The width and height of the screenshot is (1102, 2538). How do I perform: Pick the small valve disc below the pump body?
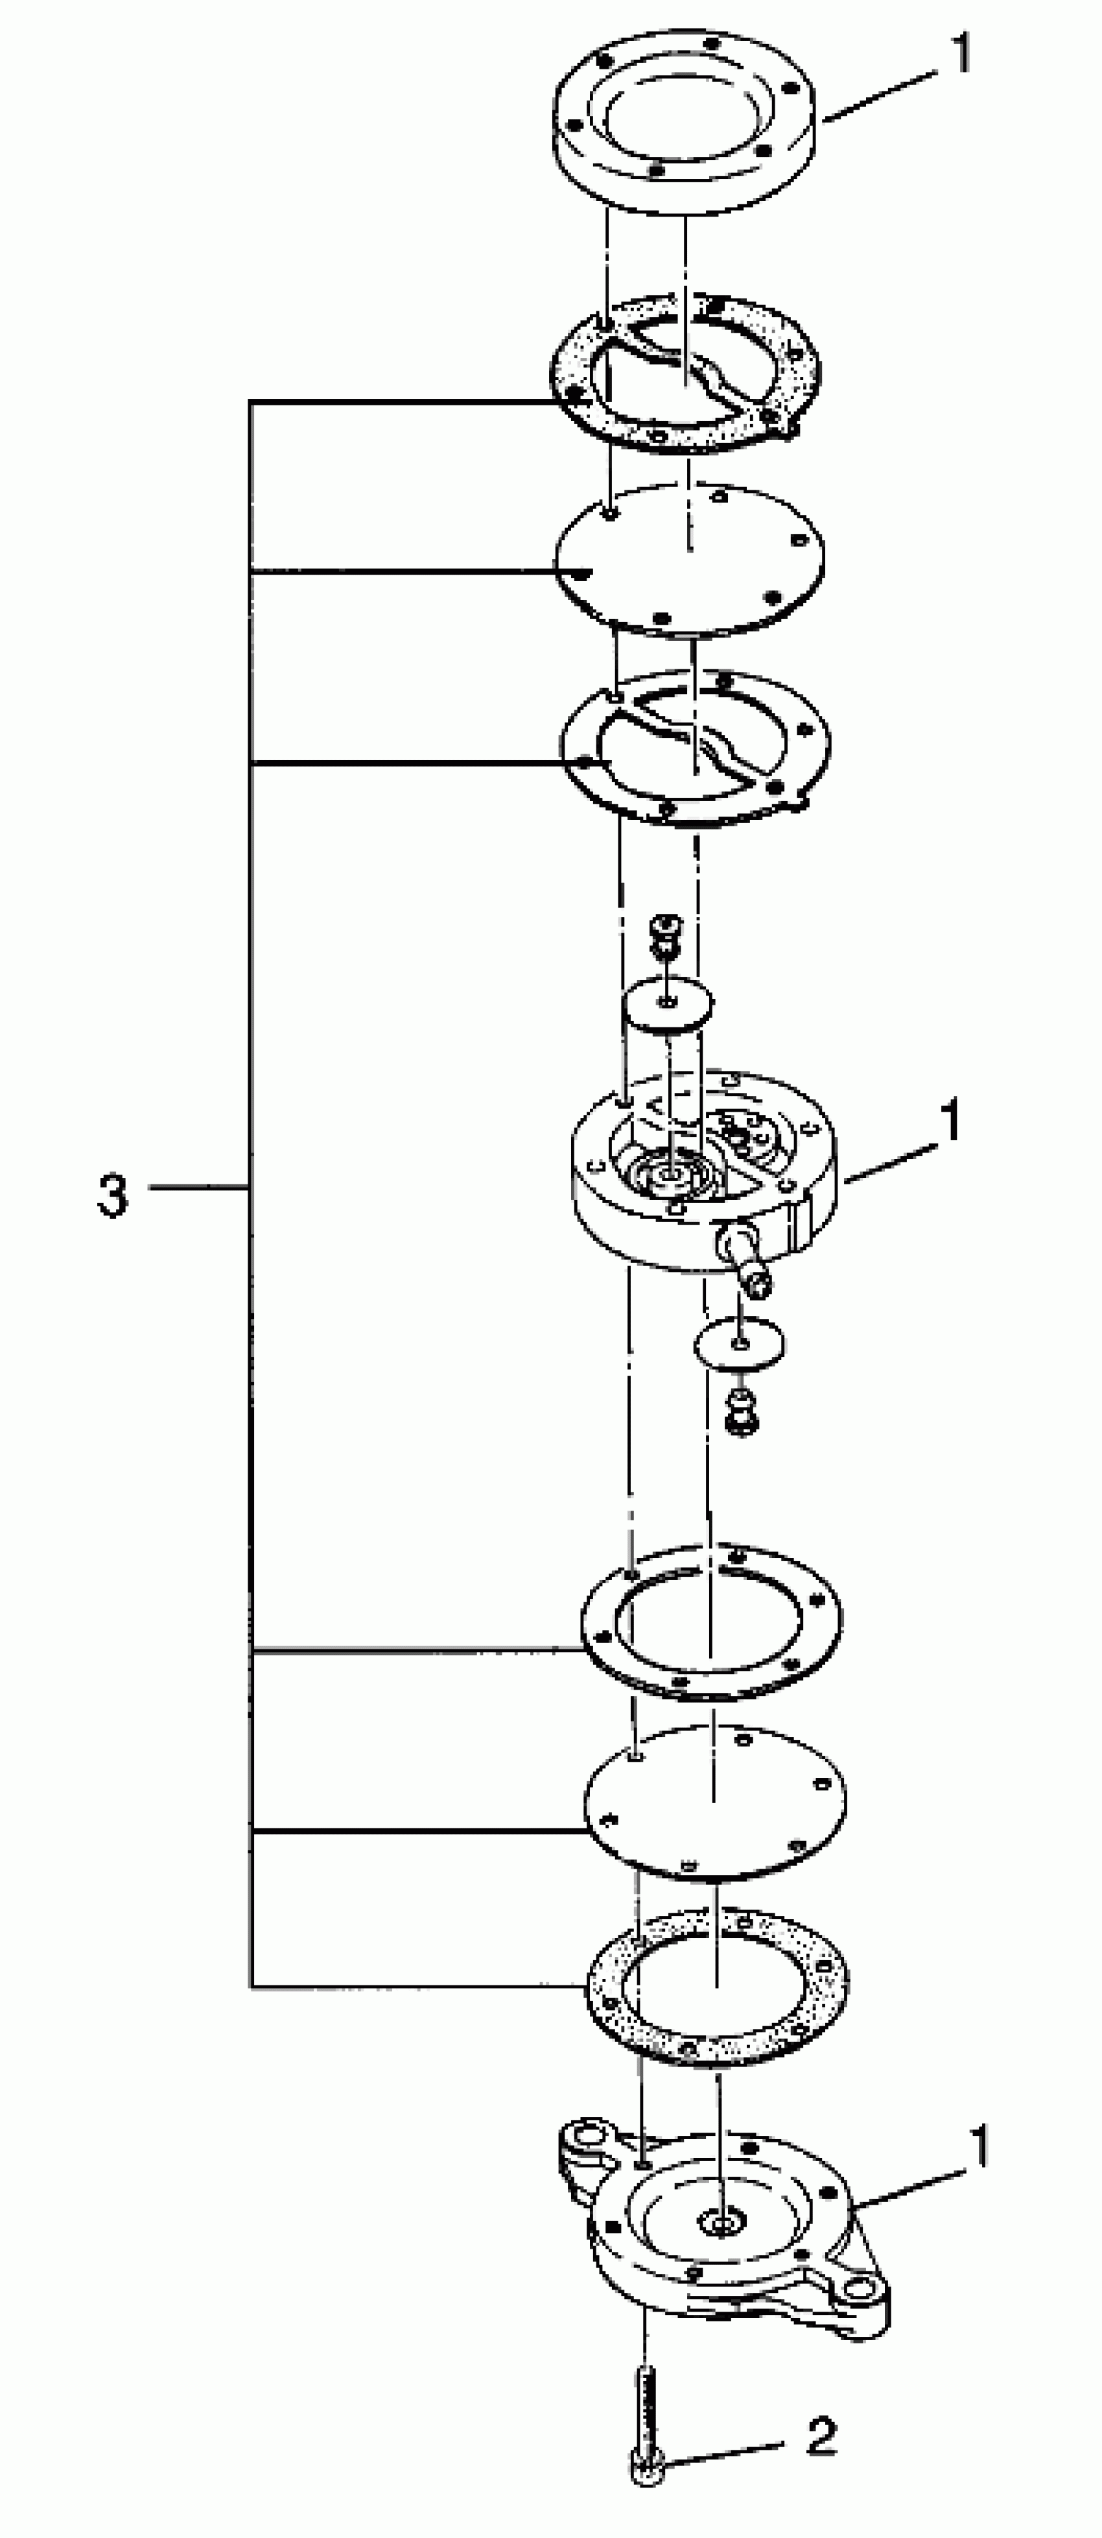(x=740, y=1342)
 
